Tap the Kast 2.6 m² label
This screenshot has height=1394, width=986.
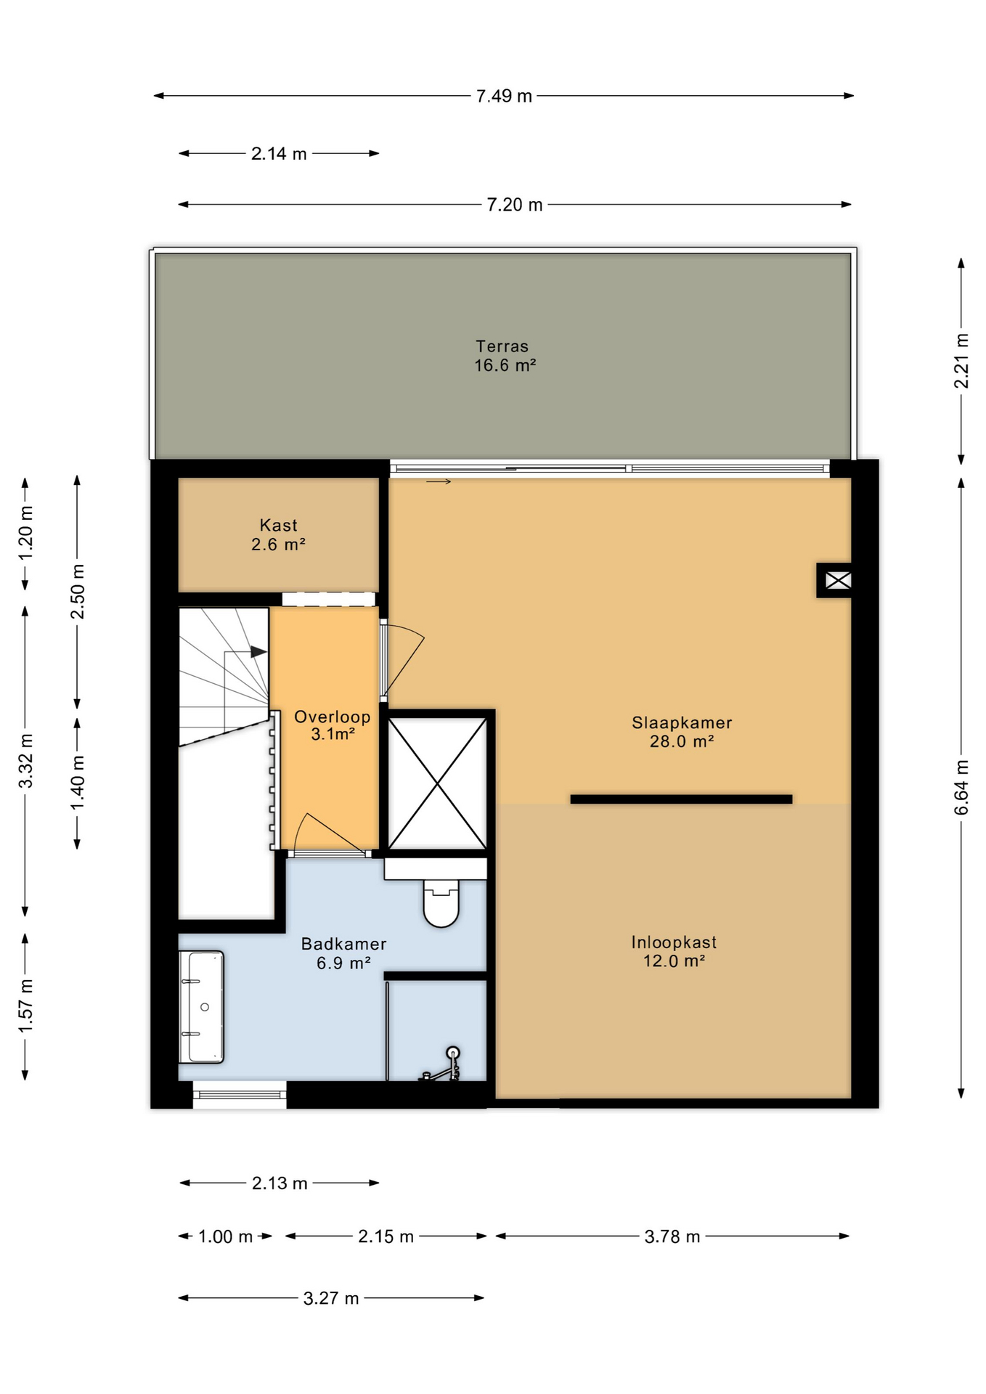pyautogui.click(x=278, y=535)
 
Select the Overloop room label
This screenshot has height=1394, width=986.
pyautogui.click(x=333, y=725)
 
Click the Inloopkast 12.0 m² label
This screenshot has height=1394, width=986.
pyautogui.click(x=674, y=951)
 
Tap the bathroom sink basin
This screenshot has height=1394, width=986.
pyautogui.click(x=202, y=1007)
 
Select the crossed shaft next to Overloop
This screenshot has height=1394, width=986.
pyautogui.click(x=437, y=783)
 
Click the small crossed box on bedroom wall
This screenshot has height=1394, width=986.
pyautogui.click(x=837, y=581)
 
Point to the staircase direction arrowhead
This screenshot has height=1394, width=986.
pyautogui.click(x=258, y=652)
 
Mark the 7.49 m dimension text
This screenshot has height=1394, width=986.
pyautogui.click(x=504, y=96)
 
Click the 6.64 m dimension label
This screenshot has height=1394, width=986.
pyautogui.click(x=961, y=787)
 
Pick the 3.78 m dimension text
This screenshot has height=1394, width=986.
pyautogui.click(x=672, y=1236)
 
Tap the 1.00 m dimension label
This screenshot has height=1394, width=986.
pyautogui.click(x=225, y=1236)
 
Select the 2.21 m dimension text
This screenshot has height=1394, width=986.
pyautogui.click(x=961, y=361)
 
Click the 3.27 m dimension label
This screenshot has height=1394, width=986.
pyautogui.click(x=331, y=1298)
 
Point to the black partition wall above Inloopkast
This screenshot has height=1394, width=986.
pyautogui.click(x=681, y=799)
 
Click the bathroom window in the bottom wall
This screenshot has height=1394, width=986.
pyautogui.click(x=240, y=1095)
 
